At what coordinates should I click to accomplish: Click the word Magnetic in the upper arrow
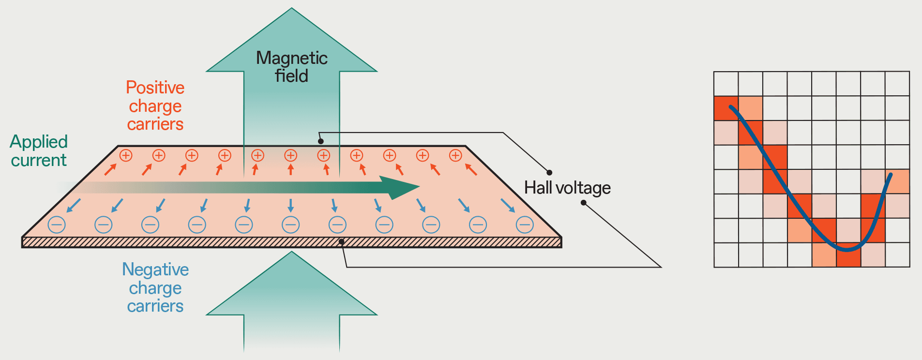291,58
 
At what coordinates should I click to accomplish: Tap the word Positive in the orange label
155,88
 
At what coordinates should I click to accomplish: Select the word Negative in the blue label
155,270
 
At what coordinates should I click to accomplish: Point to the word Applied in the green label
39,142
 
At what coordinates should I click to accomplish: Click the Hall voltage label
567,188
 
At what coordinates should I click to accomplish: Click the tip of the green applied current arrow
419,187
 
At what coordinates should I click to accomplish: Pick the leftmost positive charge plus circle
126,155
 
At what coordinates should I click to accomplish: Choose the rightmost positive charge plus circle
455,155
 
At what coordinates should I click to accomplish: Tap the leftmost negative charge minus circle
57,225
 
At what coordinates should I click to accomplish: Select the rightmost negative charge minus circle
525,225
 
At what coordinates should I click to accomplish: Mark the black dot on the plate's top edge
320,141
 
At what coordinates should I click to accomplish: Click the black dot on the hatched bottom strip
342,241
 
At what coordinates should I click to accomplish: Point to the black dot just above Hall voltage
549,172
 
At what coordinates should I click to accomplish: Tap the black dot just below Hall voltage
584,203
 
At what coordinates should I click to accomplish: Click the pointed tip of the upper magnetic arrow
291,8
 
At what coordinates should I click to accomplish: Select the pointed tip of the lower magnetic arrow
291,252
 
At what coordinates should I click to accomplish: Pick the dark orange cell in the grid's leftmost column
726,108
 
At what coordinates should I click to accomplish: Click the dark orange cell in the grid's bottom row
848,255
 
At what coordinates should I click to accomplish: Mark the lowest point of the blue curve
847,250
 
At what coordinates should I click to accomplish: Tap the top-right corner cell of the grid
897,84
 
